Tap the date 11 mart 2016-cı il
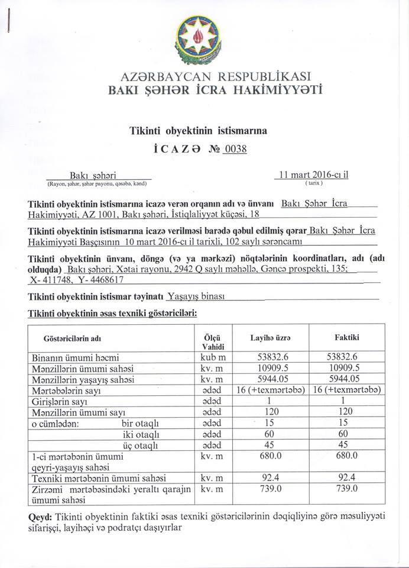tap(314, 175)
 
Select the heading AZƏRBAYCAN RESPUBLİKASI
tap(204, 77)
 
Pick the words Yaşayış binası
tap(194, 297)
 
